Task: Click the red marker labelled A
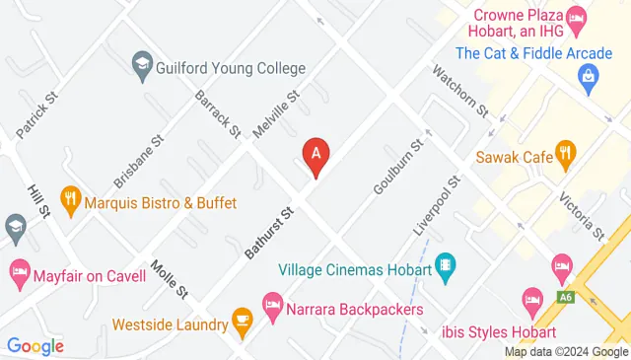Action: pos(315,154)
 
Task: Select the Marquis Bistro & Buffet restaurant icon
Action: pos(69,202)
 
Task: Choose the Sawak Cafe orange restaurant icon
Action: pos(564,153)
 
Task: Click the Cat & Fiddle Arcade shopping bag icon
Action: pos(589,74)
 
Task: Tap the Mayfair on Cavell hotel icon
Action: pos(19,271)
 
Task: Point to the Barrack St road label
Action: pos(217,113)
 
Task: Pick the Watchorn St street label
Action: pos(459,90)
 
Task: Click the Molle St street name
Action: pos(170,279)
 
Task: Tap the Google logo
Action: pos(35,345)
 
